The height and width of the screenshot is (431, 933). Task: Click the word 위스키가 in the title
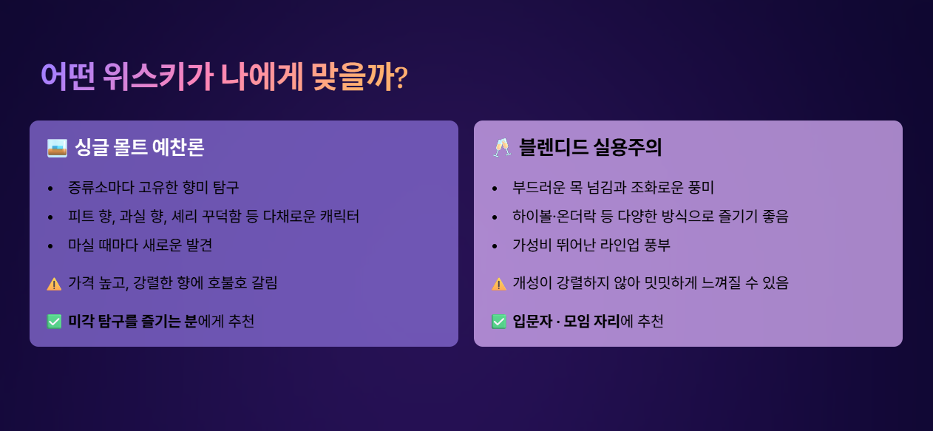(158, 77)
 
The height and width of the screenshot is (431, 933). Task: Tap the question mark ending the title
(401, 78)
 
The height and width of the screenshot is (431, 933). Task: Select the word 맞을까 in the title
(353, 77)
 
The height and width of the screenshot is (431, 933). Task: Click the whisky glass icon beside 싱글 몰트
(57, 148)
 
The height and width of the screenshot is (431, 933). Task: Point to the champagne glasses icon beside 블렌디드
(501, 147)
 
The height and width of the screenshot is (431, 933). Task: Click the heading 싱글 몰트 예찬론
(140, 147)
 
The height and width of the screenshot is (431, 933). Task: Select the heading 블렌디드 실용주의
(590, 147)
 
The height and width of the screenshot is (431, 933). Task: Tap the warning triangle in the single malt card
(54, 284)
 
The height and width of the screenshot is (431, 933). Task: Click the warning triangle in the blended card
(499, 284)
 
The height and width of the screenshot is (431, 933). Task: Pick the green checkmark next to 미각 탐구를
(54, 322)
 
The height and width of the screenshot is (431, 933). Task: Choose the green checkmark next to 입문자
(499, 322)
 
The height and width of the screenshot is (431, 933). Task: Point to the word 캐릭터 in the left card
(339, 216)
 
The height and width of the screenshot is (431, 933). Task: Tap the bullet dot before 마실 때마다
(50, 246)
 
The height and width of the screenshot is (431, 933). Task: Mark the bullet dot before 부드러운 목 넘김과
(495, 189)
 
